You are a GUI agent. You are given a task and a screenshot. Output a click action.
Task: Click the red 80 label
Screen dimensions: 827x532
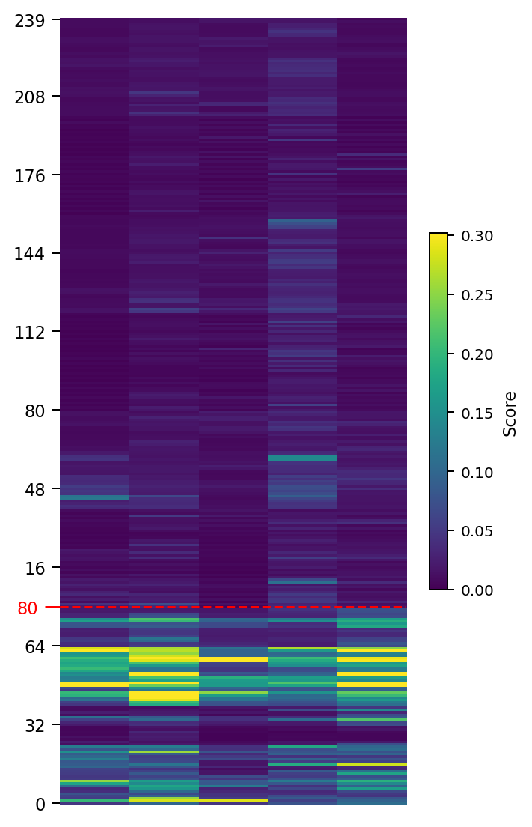click(x=27, y=608)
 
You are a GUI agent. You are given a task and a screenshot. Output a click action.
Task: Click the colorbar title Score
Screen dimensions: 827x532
click(x=510, y=413)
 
